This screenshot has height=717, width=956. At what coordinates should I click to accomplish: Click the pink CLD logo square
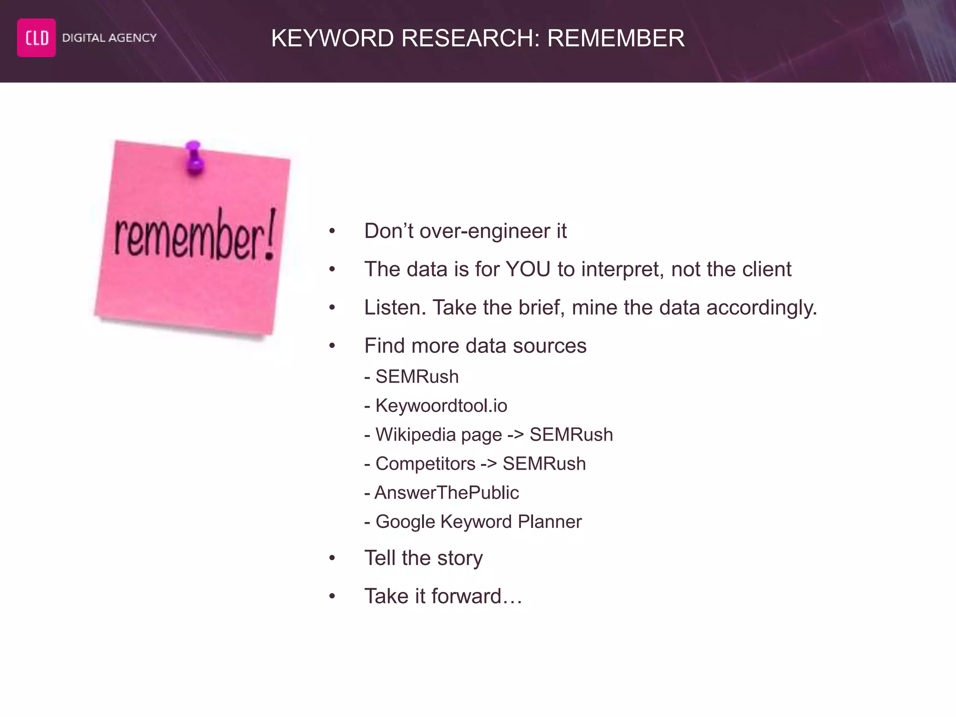36,38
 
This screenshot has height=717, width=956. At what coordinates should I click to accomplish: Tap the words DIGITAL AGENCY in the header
109,38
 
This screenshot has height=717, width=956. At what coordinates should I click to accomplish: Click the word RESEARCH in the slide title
467,38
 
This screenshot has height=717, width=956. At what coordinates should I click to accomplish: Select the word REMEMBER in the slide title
616,38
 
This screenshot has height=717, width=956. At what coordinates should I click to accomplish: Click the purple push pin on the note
194,158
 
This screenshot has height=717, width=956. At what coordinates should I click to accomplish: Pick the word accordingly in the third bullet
761,308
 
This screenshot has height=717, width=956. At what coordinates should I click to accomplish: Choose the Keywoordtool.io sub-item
441,406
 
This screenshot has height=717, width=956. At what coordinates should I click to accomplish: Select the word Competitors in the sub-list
425,464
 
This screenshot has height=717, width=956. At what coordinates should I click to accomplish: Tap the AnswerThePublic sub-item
447,493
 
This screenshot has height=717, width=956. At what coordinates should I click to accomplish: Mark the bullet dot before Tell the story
332,558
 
